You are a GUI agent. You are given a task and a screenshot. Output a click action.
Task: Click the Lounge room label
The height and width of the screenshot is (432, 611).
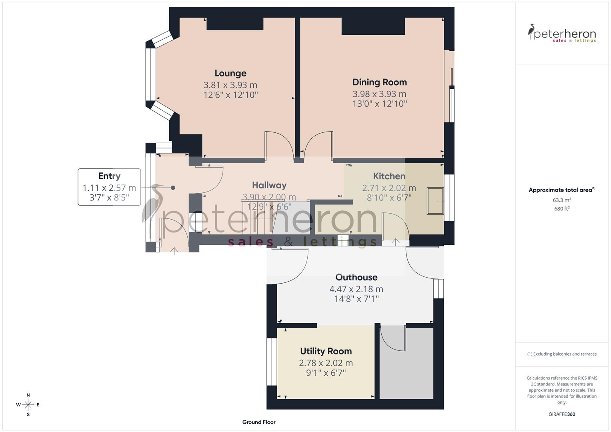point(230,73)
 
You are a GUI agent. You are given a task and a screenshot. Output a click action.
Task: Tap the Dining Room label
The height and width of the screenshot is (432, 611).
point(379,82)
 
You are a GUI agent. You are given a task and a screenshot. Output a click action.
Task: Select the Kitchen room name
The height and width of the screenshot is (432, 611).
point(389,176)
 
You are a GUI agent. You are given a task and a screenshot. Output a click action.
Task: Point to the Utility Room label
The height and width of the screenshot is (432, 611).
point(326,351)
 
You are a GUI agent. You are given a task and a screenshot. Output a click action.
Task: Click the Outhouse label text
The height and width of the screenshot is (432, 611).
point(356,277)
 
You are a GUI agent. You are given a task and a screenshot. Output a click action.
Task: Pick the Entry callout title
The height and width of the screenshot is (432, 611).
point(109,176)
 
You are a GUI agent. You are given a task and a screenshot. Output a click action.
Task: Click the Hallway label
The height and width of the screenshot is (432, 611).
point(269,185)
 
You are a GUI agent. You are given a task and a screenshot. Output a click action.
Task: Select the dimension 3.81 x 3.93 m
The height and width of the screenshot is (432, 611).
point(230,85)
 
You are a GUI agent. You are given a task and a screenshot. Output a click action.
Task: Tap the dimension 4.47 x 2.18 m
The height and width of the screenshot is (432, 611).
point(356,289)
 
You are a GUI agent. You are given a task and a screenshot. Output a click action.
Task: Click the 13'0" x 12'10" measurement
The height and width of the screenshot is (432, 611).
point(379,104)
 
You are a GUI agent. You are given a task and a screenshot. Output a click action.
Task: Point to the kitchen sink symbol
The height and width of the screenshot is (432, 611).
point(435,200)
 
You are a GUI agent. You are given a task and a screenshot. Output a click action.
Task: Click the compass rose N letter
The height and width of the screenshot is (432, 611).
point(28,395)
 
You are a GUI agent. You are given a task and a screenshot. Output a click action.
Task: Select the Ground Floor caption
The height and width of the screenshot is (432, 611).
point(259,422)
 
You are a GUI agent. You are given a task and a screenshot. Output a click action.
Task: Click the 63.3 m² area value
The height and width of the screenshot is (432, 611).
point(562,200)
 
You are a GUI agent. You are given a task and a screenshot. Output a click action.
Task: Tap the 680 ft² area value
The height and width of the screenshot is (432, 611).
point(562,208)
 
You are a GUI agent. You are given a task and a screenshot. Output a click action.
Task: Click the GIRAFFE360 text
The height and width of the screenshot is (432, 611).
point(562,414)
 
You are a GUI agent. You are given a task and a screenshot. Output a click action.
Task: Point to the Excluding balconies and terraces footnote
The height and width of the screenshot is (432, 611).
point(562,354)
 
